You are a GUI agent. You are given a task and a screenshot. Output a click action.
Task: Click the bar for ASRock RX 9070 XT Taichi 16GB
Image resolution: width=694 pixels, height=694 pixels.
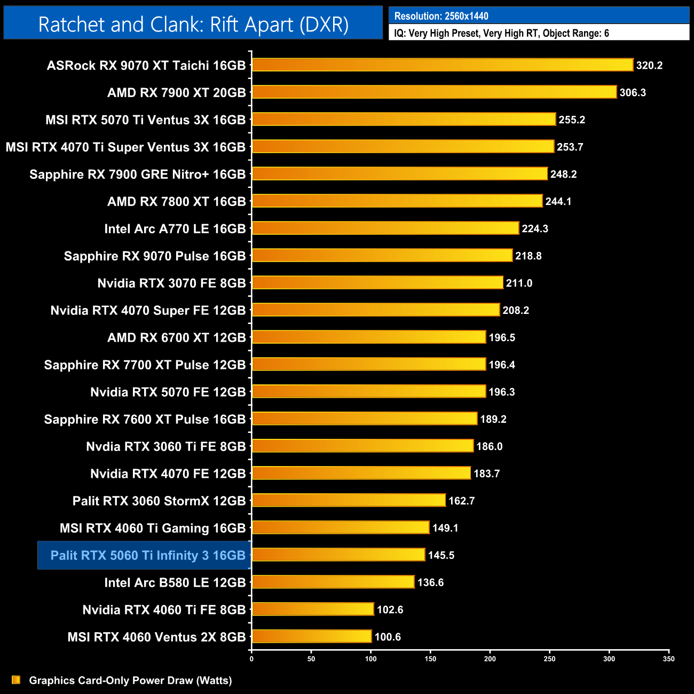click(x=442, y=65)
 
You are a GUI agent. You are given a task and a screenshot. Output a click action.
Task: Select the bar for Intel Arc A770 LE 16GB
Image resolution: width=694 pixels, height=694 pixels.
click(x=385, y=228)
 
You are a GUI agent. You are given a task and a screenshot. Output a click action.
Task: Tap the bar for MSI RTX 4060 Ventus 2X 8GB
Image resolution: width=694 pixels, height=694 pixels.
click(x=311, y=636)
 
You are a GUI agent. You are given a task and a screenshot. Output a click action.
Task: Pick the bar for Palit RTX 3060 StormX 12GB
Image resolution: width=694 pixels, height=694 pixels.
click(x=348, y=500)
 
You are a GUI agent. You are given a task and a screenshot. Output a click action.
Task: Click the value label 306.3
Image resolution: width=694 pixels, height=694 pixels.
click(x=633, y=93)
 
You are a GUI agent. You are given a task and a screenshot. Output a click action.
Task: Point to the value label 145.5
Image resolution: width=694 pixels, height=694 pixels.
click(x=441, y=555)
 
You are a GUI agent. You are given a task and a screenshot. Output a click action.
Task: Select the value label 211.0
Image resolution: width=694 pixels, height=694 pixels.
click(x=519, y=283)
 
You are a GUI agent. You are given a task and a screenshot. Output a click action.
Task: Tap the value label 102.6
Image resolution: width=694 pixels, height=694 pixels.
click(x=390, y=610)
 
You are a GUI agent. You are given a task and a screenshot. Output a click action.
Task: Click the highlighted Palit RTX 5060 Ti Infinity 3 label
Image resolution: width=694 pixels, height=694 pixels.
click(x=147, y=555)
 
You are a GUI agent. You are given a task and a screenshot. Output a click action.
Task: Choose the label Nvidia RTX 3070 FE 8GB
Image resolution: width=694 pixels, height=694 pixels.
click(x=171, y=283)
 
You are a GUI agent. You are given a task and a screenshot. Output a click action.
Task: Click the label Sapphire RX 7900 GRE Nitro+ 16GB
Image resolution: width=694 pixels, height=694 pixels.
click(x=137, y=175)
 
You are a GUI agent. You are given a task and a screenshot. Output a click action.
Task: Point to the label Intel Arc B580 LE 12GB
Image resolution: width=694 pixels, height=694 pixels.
click(x=175, y=582)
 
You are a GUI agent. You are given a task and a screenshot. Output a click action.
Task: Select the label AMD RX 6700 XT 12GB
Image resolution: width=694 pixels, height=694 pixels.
click(x=176, y=338)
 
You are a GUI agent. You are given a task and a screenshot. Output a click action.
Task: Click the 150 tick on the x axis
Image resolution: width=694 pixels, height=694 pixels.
click(x=430, y=659)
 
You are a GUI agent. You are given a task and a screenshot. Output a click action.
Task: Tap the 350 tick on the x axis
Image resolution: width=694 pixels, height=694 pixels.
click(x=669, y=659)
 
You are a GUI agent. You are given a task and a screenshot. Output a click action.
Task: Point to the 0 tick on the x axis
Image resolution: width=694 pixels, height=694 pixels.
click(x=251, y=659)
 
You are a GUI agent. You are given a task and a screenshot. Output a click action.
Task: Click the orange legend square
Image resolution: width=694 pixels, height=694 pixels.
click(x=16, y=680)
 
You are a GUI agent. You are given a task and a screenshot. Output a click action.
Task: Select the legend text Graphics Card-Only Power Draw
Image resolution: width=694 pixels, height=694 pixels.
click(x=130, y=680)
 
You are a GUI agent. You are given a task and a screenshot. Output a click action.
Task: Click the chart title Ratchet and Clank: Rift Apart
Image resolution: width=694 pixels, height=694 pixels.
click(x=193, y=25)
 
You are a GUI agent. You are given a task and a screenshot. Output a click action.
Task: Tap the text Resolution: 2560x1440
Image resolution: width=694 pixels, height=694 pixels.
click(x=441, y=16)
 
